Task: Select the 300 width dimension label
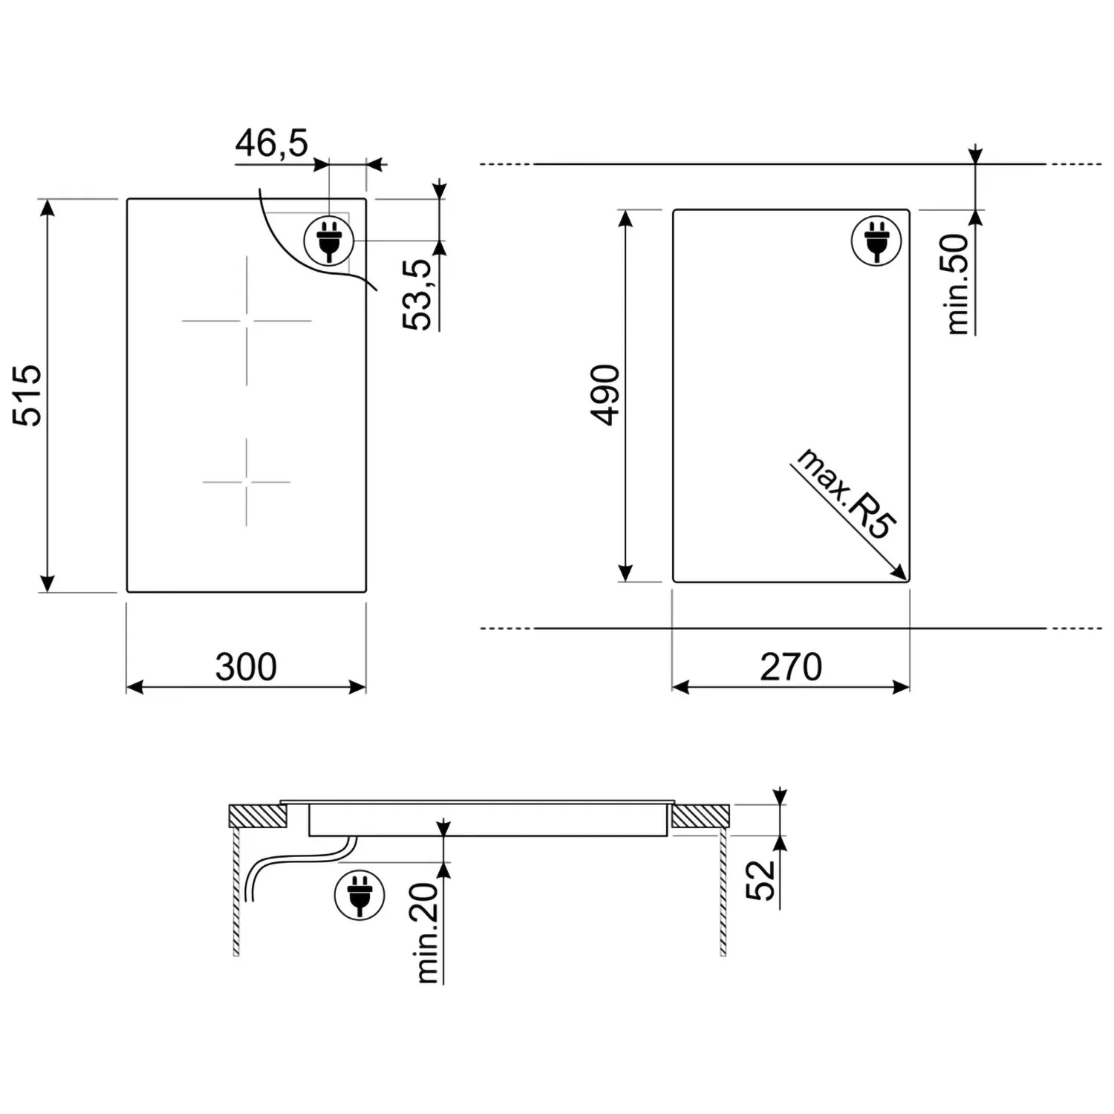(246, 666)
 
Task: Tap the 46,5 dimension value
(272, 143)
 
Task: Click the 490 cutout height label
(605, 395)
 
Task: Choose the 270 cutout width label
(791, 666)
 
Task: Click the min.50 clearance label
(959, 284)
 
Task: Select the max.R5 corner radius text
(846, 494)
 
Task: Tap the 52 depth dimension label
(760, 881)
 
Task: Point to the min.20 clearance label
(428, 933)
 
